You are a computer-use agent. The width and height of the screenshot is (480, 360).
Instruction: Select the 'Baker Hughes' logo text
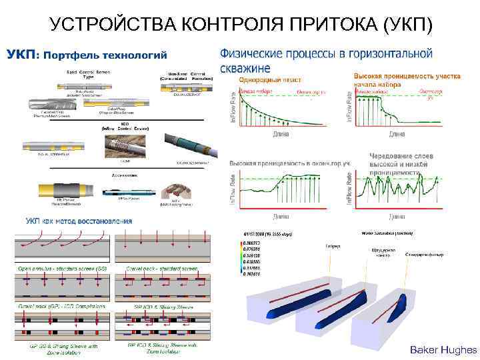pos(443,349)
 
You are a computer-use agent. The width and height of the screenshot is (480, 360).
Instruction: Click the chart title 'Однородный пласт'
pos(263,79)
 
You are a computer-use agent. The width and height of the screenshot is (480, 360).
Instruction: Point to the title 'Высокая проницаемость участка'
pos(407,76)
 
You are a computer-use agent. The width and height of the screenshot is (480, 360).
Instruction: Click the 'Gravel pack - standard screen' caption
pos(163,267)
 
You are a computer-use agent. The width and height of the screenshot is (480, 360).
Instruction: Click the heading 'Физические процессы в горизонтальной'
pos(326,53)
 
